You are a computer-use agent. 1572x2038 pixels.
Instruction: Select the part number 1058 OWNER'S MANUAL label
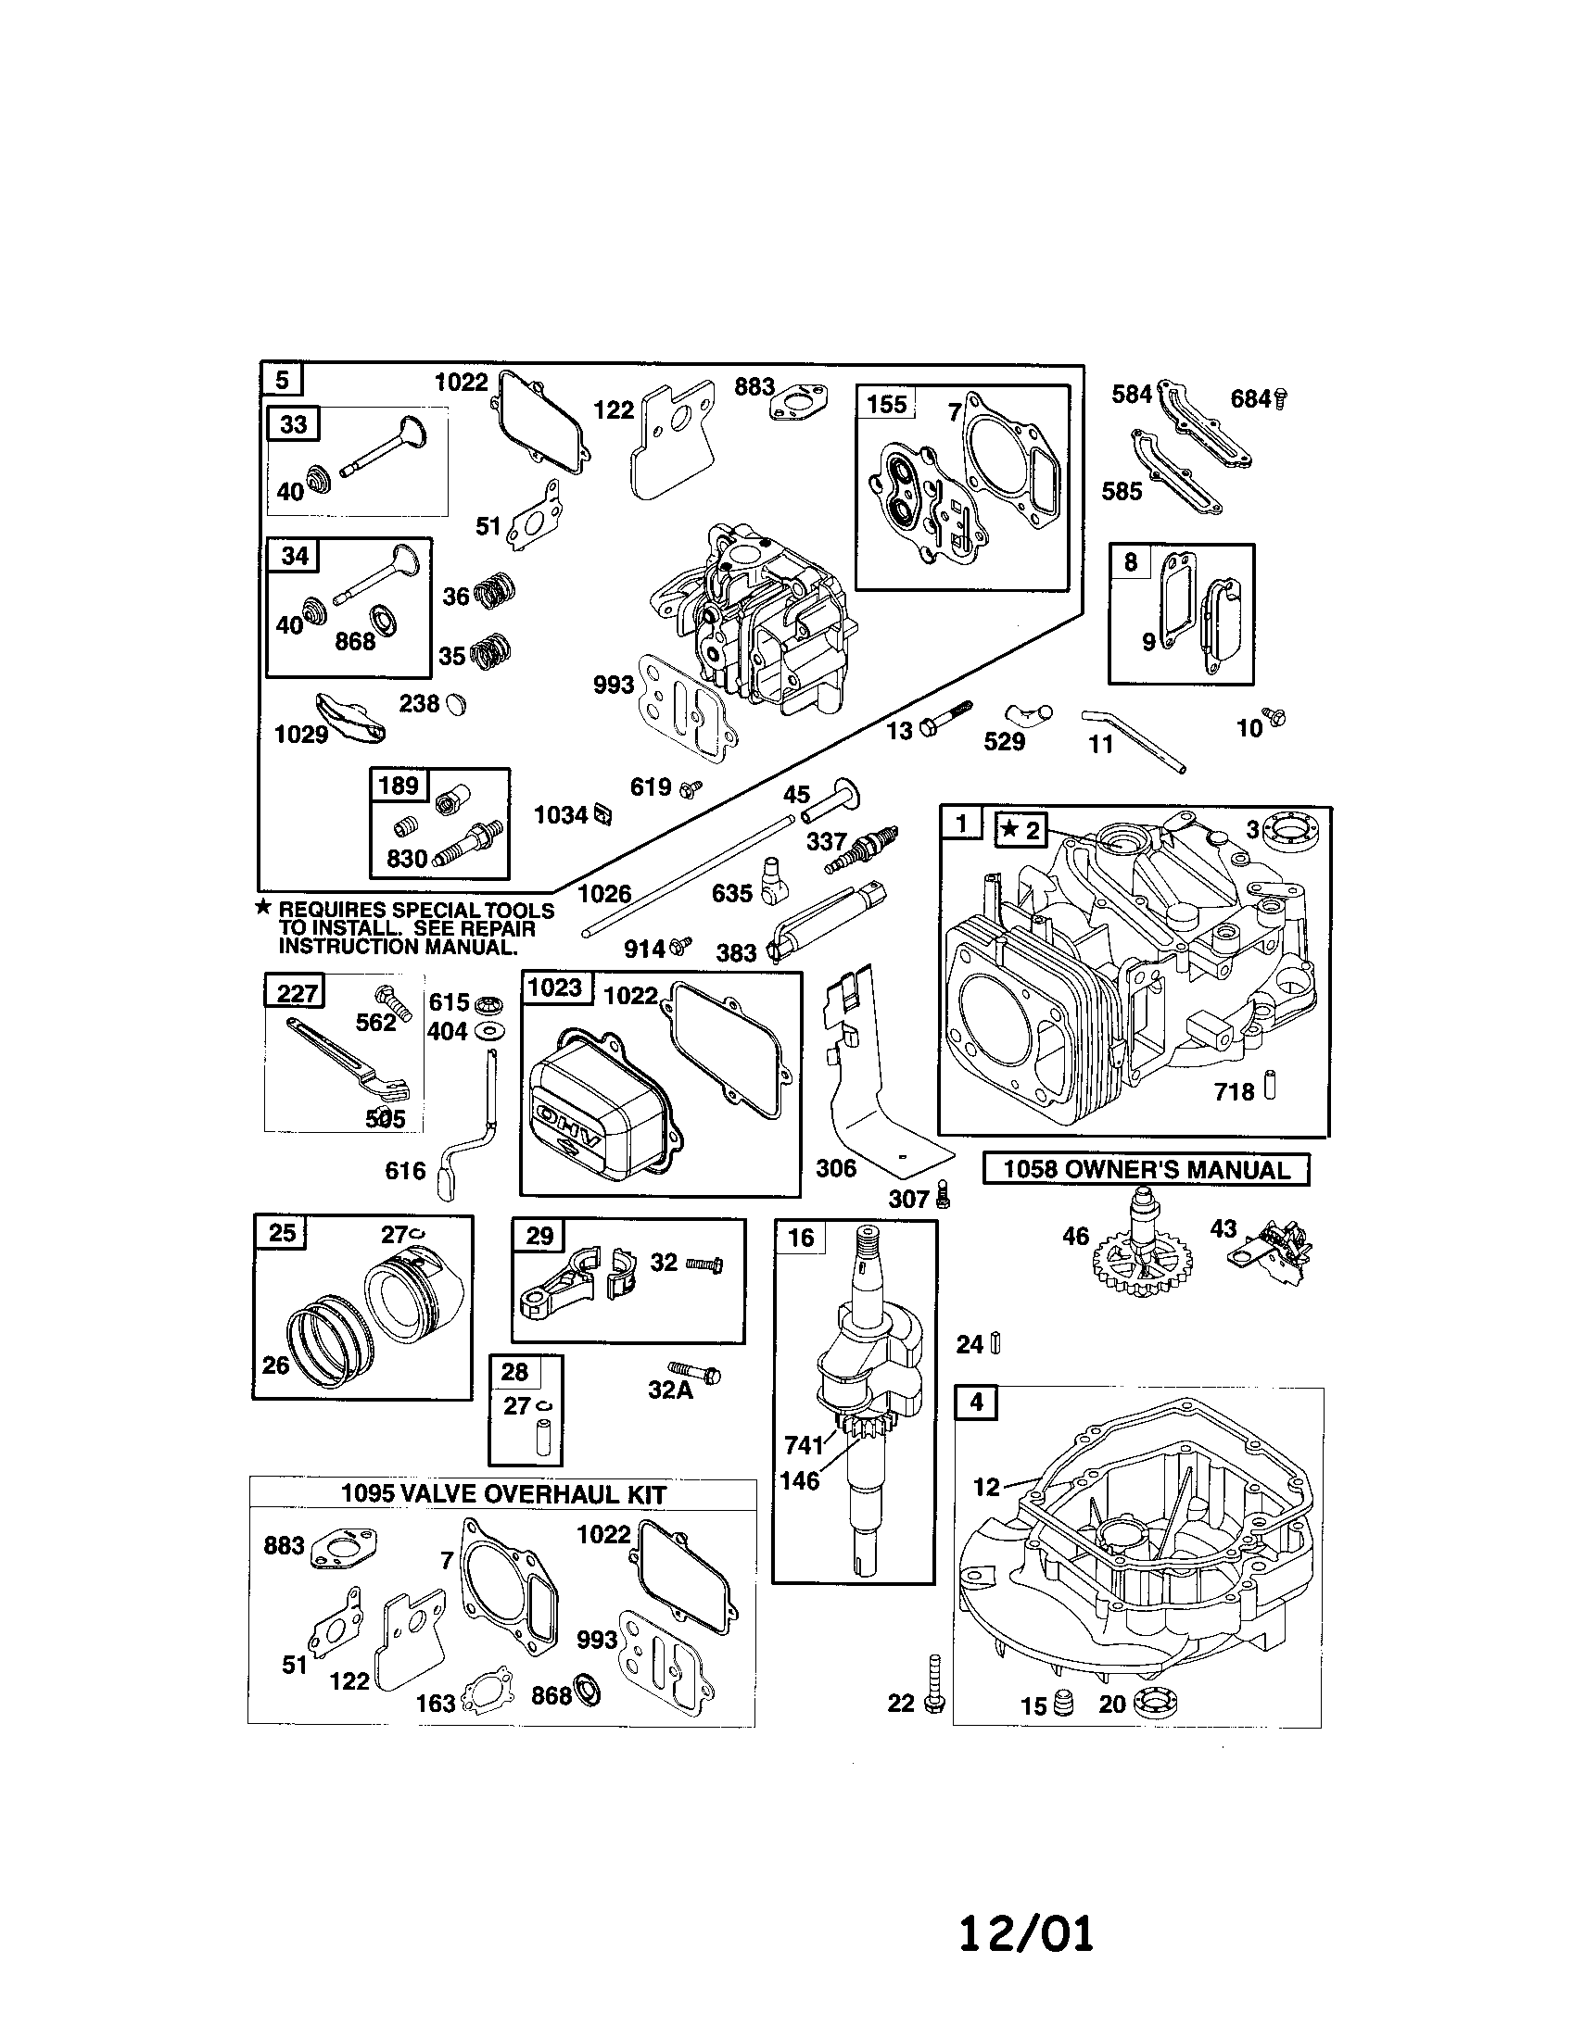coord(1146,1170)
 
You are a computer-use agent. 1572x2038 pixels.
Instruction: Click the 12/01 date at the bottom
coord(1026,1933)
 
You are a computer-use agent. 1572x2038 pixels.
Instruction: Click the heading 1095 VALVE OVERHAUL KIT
coord(503,1494)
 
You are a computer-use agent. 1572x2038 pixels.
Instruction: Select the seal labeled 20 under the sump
coord(1155,1703)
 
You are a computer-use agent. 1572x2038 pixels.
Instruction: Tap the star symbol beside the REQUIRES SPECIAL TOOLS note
coord(264,907)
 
